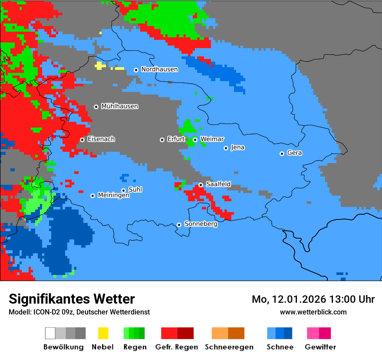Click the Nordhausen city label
pos(159,69)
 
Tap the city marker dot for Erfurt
pos(162,140)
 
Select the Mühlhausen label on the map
pos(119,106)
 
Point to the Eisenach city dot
pos(82,140)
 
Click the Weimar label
pos(212,139)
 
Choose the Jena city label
pos(237,147)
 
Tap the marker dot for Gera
pos(282,154)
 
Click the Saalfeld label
pos(218,184)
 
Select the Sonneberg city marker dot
pos(179,225)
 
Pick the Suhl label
pos(135,190)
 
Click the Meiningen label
pos(113,196)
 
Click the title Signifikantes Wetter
pos(72,299)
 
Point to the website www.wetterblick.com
pos(313,312)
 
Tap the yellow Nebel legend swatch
pos(103,333)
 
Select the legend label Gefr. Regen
pos(177,347)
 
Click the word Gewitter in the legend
pos(320,347)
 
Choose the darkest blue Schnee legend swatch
pos(288,333)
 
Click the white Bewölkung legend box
pos(50,333)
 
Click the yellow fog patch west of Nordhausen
pos(100,65)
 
